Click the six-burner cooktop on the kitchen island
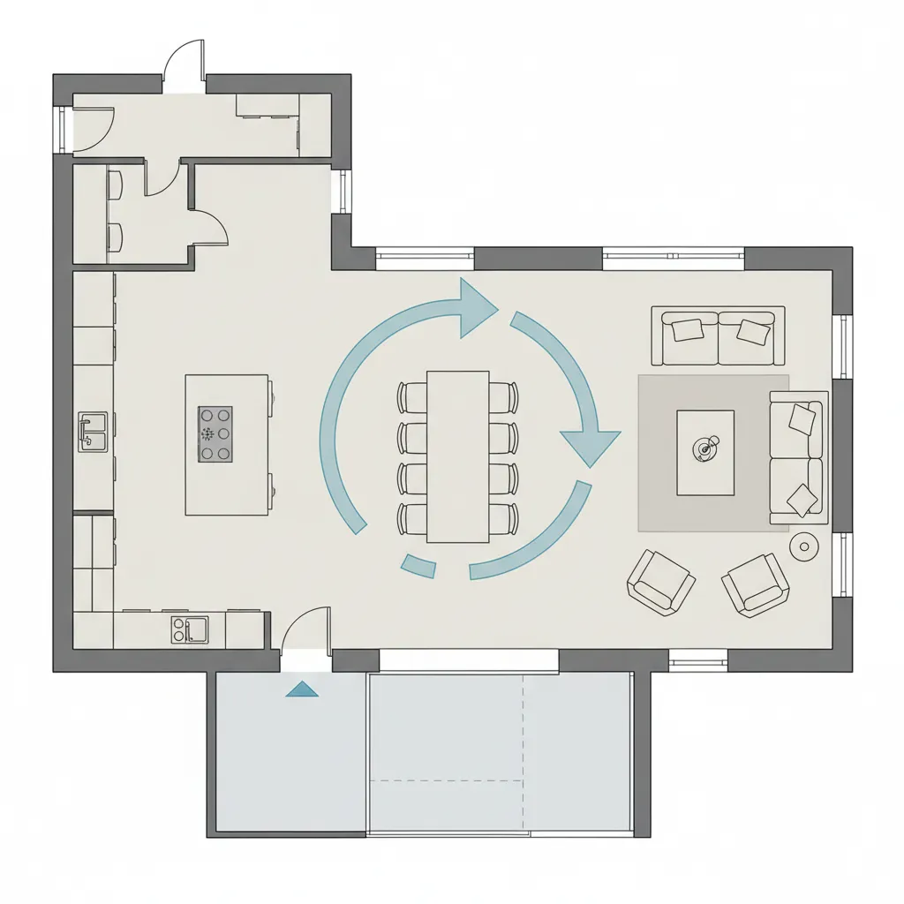point(215,434)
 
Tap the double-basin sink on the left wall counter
point(93,432)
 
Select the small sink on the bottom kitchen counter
point(190,629)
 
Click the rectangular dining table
point(457,456)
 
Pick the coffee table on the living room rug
point(704,452)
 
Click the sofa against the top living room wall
point(718,335)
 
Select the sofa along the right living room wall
point(799,457)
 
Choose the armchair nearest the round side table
point(756,584)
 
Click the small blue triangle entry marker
point(302,689)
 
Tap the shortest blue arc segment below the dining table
point(418,566)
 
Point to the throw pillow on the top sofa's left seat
point(686,329)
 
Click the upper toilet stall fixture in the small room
point(114,184)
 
